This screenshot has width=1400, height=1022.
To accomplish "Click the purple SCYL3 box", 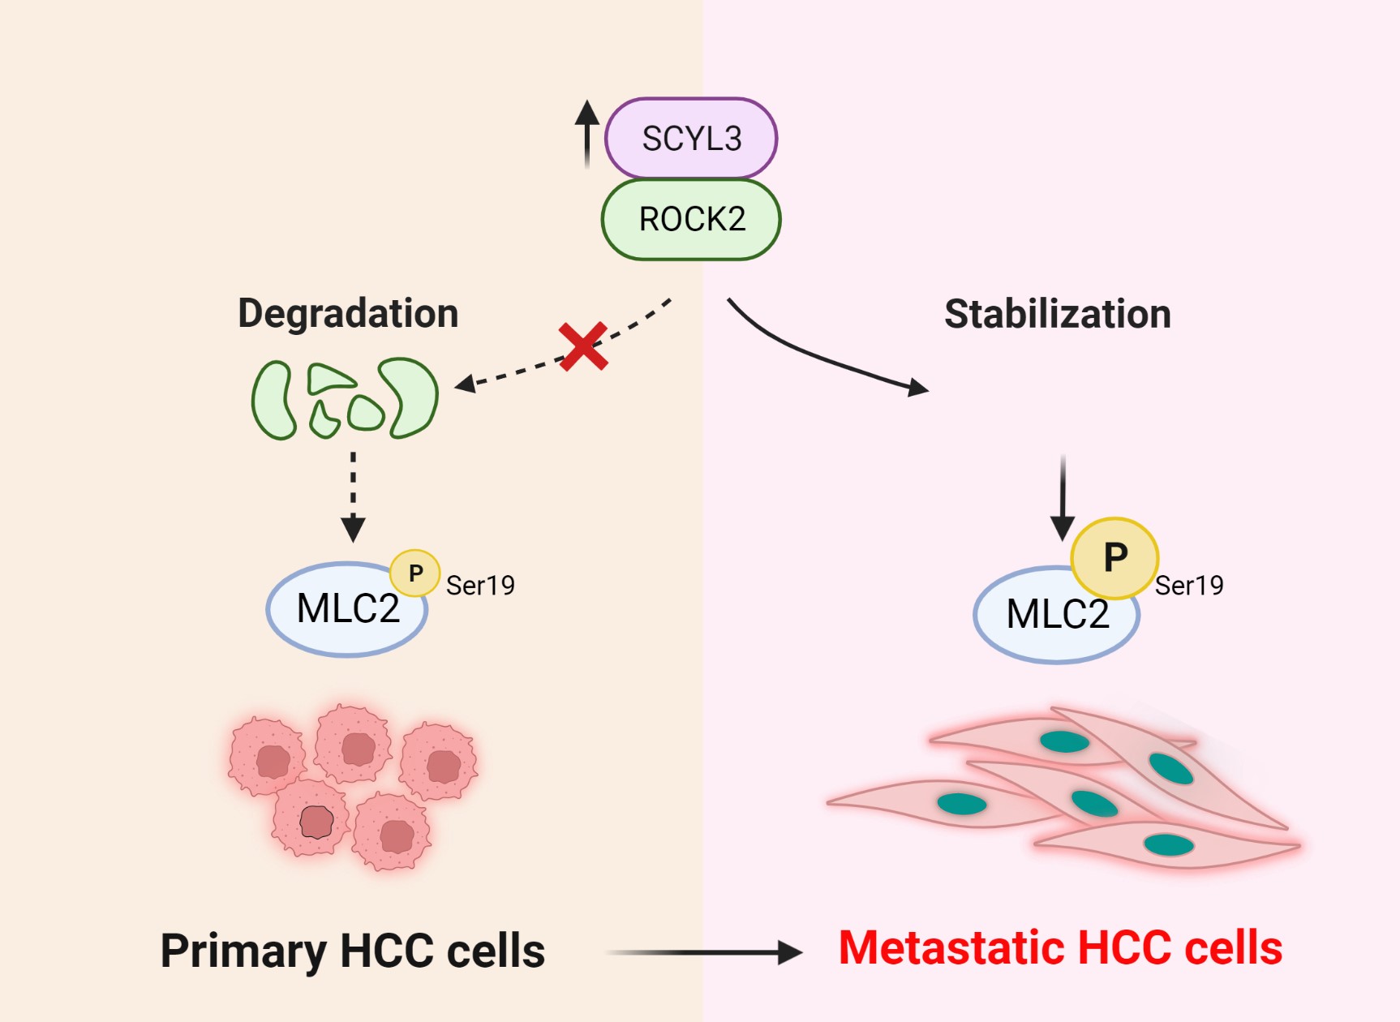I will click(x=691, y=138).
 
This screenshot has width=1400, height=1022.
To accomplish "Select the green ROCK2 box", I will click(x=691, y=219).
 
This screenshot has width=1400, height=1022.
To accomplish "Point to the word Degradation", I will click(x=348, y=314).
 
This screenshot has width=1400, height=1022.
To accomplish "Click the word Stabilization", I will click(x=1057, y=314).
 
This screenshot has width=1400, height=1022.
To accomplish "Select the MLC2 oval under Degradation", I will click(x=341, y=611).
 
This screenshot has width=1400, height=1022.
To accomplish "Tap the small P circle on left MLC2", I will click(x=415, y=573).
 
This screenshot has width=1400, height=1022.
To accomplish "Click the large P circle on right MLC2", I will click(x=1114, y=558).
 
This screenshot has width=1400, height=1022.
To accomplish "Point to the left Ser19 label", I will click(x=480, y=586).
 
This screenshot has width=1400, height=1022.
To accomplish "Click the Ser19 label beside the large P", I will click(x=1189, y=586).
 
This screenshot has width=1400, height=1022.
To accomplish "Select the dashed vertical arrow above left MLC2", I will click(x=353, y=495).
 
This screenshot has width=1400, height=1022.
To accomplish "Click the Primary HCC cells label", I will click(x=353, y=951).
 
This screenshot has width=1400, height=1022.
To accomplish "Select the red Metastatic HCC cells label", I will click(x=1060, y=947).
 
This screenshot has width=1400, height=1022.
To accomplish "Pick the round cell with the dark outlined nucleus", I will click(x=312, y=819).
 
